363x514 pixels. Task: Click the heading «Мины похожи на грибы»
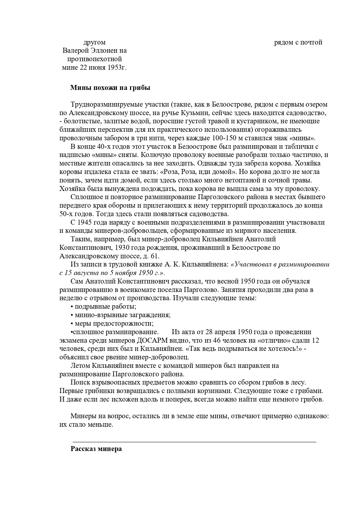(110, 88)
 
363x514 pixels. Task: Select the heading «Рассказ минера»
(96, 449)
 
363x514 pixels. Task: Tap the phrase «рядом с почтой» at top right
(298, 42)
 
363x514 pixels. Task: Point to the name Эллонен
(100, 51)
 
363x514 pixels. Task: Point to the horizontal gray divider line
(194, 442)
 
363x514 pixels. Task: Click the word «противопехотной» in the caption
(95, 59)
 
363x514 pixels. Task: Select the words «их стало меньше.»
(86, 425)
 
